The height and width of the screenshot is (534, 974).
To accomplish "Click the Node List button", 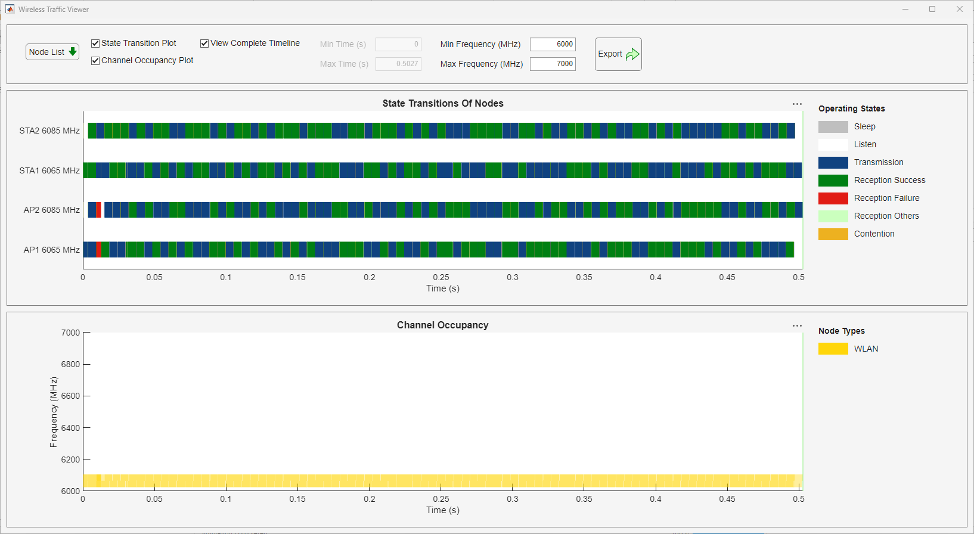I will point(52,52).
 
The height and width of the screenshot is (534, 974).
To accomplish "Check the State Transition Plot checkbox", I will point(95,44).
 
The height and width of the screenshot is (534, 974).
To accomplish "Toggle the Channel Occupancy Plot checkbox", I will point(95,61).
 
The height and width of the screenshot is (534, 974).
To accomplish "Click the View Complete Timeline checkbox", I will point(204,44).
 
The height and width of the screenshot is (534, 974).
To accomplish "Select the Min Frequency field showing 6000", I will point(553,44).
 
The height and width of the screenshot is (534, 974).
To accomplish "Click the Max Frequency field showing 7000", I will point(553,64).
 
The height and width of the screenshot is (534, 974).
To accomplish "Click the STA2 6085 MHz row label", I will point(49,131).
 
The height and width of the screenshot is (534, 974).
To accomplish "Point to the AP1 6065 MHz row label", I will point(51,250).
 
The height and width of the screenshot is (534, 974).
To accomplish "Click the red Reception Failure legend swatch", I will point(833,198).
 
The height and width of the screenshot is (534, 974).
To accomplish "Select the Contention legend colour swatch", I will point(833,234).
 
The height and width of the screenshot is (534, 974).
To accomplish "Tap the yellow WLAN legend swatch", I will point(833,349).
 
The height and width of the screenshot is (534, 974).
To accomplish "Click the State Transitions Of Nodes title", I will point(443,104).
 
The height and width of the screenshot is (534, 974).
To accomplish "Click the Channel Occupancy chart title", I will point(443,325).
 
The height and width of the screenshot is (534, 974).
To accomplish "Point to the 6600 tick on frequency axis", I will point(70,396).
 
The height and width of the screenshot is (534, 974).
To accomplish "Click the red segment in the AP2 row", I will point(98,210).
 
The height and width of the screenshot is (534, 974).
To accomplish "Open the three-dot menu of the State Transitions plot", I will point(797,104).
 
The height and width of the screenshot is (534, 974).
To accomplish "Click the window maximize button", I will point(932,9).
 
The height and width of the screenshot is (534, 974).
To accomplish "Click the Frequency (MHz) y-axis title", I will point(54,412).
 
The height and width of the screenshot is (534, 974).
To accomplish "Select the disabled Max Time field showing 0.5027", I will point(398,64).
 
